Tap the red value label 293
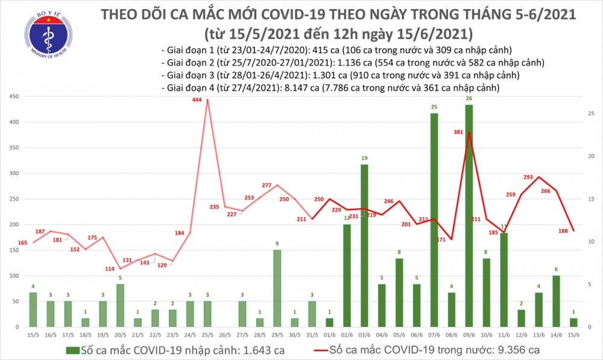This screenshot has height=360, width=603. tap(528, 177)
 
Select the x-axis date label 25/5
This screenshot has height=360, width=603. tap(207, 335)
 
